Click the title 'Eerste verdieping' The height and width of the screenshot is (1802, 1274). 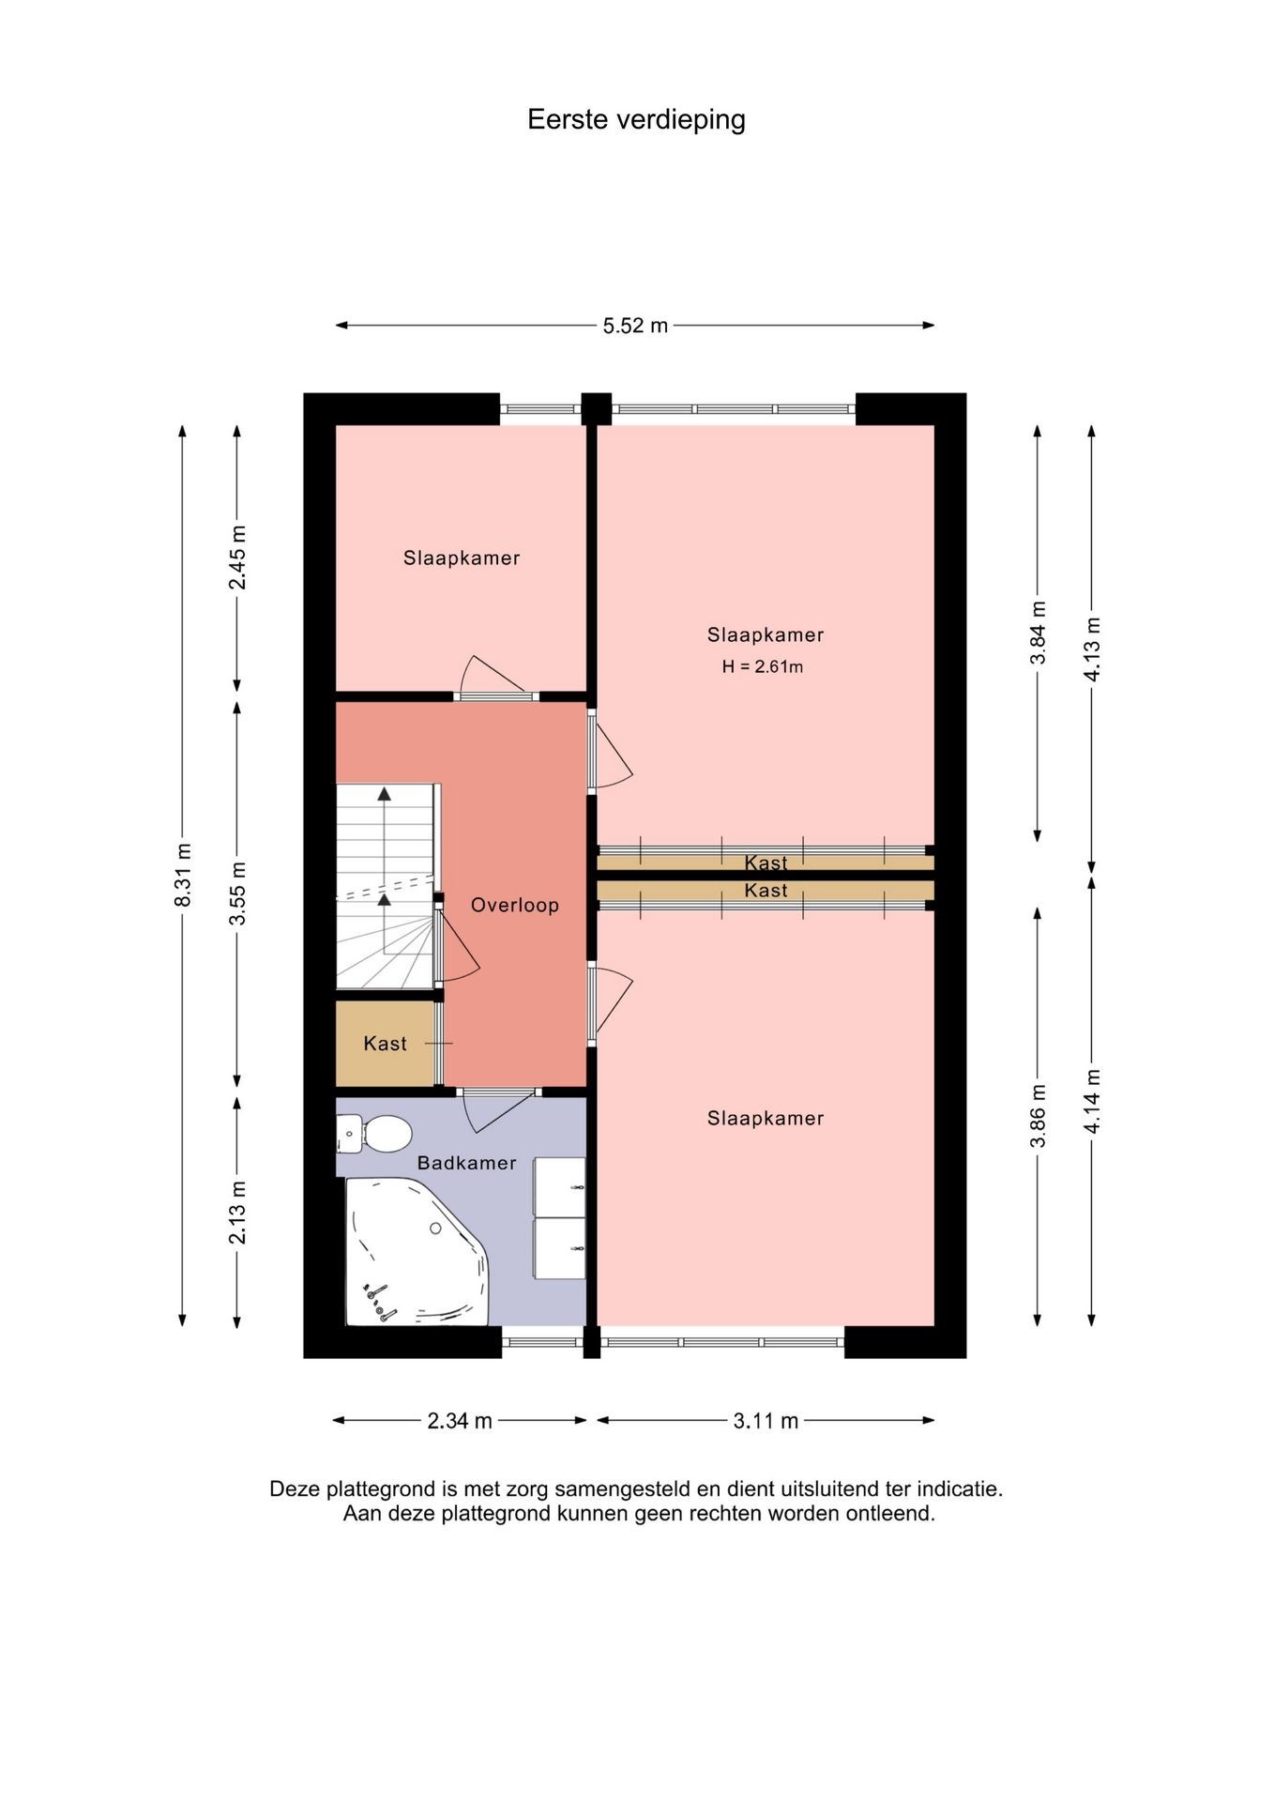636,120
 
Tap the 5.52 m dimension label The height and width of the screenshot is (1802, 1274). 635,326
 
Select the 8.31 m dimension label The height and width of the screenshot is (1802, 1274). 183,875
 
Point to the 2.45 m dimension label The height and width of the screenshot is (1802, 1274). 237,557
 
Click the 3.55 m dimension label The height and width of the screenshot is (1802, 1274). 237,893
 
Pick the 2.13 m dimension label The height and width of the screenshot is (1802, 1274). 237,1213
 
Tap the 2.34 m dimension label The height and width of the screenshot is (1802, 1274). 460,1421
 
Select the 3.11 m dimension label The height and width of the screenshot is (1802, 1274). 766,1421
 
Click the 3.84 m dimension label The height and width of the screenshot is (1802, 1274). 1038,633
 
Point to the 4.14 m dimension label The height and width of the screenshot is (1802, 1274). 1092,1101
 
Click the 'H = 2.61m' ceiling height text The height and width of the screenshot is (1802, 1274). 763,667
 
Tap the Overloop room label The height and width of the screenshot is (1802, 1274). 515,905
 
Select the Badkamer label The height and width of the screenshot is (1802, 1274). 467,1163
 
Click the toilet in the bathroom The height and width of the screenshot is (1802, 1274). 375,1134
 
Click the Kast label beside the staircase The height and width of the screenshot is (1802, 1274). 386,1044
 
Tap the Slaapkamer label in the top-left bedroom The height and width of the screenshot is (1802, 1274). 462,558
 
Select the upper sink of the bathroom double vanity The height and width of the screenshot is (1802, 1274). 559,1187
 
